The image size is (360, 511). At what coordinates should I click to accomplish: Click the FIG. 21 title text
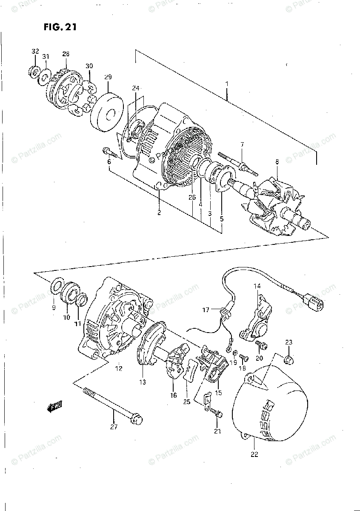point(60,28)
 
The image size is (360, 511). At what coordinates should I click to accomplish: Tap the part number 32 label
point(35,52)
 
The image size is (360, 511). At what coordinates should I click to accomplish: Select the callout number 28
point(66,54)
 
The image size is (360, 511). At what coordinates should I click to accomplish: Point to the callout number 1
point(227,84)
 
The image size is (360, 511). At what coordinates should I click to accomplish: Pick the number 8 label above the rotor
point(277,162)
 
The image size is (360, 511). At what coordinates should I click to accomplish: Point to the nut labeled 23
point(289,360)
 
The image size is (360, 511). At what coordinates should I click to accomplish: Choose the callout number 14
point(257,286)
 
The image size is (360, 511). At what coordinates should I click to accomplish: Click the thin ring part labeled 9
point(57,288)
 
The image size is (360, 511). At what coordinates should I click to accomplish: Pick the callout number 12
point(118,368)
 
